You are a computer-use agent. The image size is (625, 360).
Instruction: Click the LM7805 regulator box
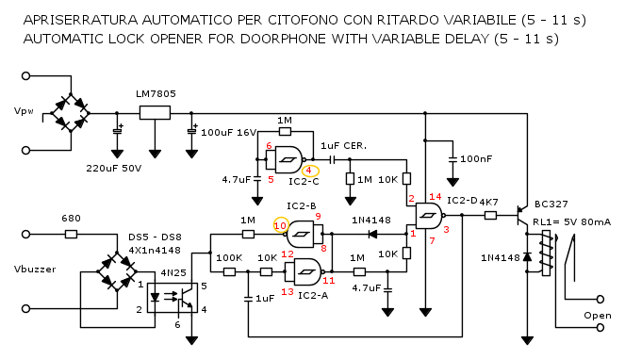click(155, 113)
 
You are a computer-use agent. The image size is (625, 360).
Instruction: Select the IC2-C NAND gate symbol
click(287, 159)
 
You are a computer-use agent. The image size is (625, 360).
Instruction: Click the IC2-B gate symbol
click(304, 234)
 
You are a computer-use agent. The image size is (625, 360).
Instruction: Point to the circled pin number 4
click(308, 171)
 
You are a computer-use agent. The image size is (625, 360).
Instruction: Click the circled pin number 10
click(280, 225)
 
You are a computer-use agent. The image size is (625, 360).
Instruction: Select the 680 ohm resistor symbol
click(71, 234)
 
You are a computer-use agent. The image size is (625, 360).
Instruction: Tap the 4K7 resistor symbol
click(490, 216)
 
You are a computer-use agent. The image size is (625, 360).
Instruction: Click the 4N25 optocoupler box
click(173, 298)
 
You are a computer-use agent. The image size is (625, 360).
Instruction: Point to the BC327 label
click(551, 205)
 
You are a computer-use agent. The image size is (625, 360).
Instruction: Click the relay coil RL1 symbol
click(547, 253)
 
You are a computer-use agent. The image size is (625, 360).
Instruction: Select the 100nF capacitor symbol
click(452, 159)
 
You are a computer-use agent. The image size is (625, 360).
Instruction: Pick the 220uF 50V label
click(114, 169)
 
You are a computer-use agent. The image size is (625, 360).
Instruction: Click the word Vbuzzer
click(35, 270)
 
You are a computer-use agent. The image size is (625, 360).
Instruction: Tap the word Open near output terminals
click(598, 316)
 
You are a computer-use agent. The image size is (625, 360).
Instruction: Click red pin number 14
click(436, 196)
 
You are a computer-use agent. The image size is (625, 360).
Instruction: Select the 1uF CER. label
click(343, 146)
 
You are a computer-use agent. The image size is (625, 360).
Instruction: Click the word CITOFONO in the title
click(303, 20)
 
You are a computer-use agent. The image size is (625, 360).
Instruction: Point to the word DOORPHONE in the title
click(284, 39)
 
